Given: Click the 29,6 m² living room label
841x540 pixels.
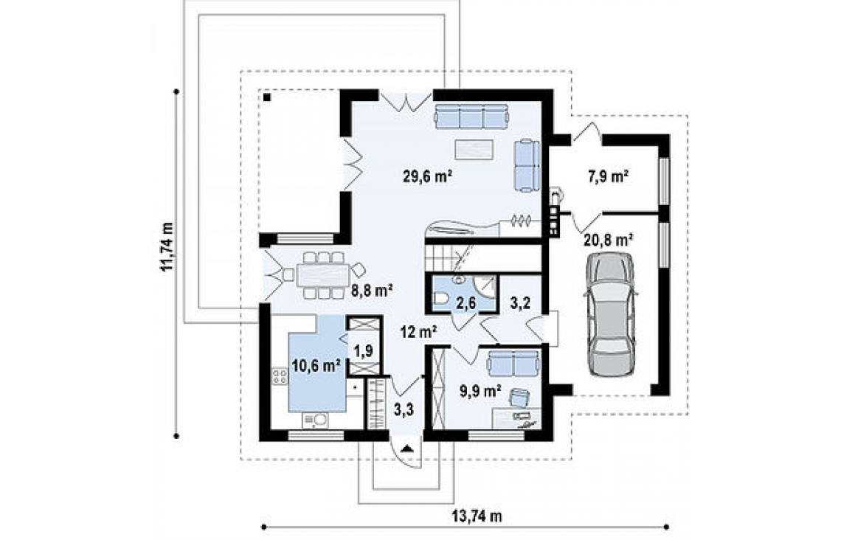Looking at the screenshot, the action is point(426,177).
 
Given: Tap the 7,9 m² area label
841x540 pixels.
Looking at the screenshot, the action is point(609,176).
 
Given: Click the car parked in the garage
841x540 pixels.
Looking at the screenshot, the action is point(612,314).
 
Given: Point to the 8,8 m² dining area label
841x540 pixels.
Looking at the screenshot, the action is point(373,291).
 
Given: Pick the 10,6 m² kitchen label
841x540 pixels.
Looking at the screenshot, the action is point(317,366).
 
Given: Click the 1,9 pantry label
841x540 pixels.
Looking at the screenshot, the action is point(364,350).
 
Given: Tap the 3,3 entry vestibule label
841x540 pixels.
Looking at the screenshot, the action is point(404,410).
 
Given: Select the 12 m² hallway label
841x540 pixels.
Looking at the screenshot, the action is point(418,332).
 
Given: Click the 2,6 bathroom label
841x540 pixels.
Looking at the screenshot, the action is point(466,303).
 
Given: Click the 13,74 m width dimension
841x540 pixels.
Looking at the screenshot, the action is point(477,516).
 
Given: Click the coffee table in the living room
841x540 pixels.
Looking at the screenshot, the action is point(474,149).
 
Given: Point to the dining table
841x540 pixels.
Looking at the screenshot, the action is point(323,276).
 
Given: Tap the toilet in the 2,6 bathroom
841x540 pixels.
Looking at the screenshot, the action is point(440,299).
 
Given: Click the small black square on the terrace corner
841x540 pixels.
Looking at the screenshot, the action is point(267,97).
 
